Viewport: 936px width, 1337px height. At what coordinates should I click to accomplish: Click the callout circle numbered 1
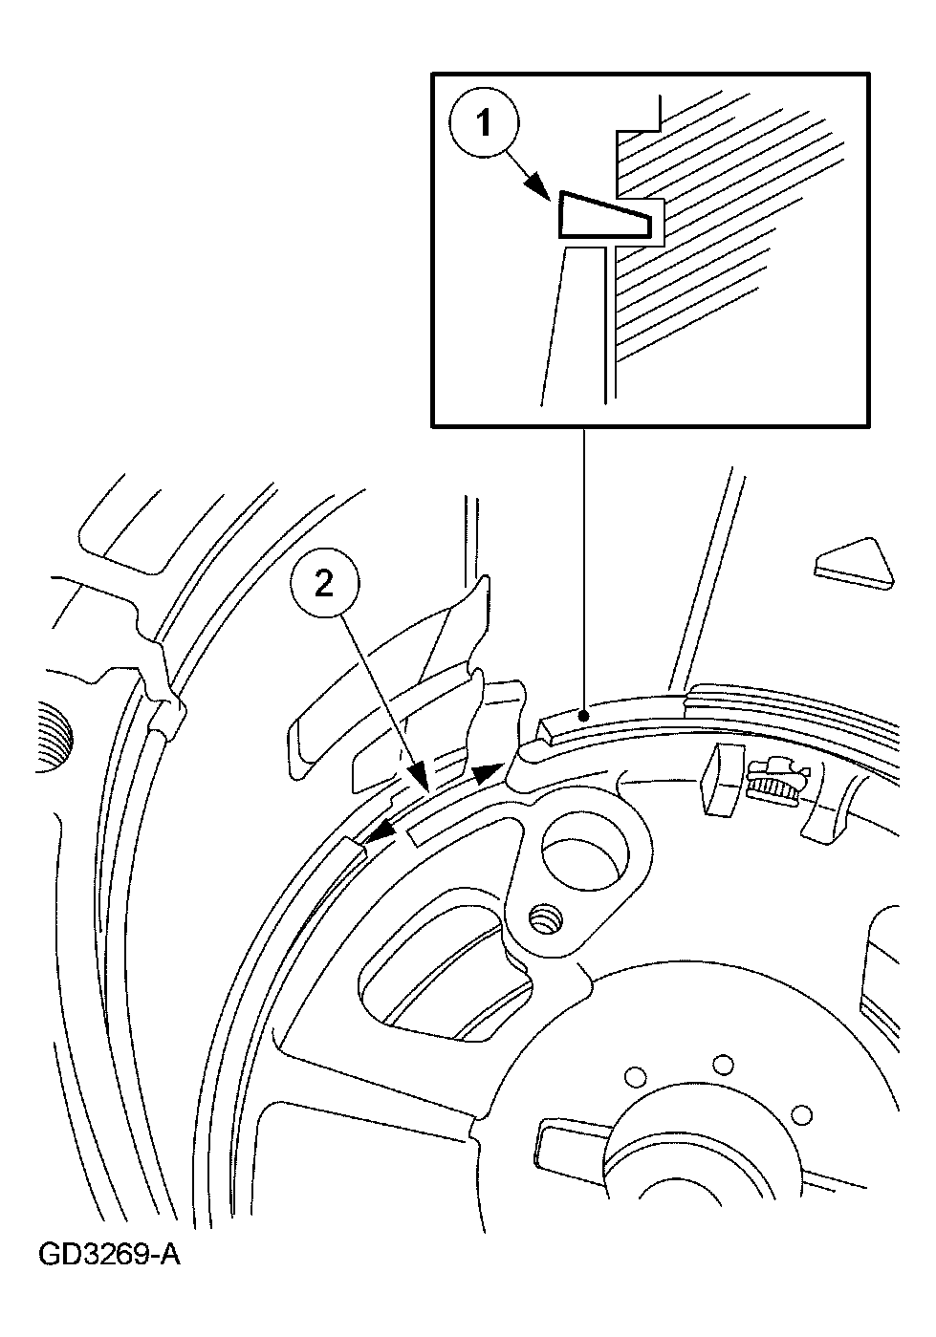tap(484, 123)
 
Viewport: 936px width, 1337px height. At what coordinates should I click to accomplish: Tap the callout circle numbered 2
tap(325, 586)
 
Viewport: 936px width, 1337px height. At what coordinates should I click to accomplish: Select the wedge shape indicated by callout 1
tap(602, 216)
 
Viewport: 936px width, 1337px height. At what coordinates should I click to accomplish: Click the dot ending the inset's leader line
tap(586, 714)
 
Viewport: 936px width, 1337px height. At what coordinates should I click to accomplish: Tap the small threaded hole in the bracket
tap(547, 925)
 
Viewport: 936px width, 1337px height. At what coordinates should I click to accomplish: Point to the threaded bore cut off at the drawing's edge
tap(54, 739)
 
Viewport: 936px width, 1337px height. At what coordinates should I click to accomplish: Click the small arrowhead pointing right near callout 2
tap(489, 772)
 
